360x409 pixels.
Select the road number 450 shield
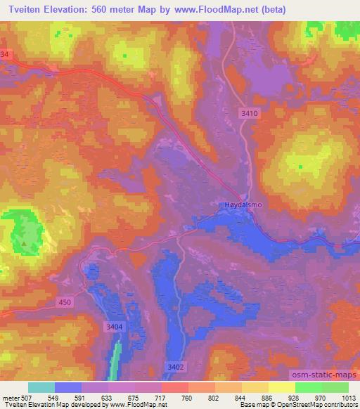pos(65,302)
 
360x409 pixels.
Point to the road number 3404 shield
pos(114,327)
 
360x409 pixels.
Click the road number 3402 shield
pos(176,366)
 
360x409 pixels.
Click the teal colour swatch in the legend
pos(41,387)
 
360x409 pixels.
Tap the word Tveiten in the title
pos(25,8)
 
